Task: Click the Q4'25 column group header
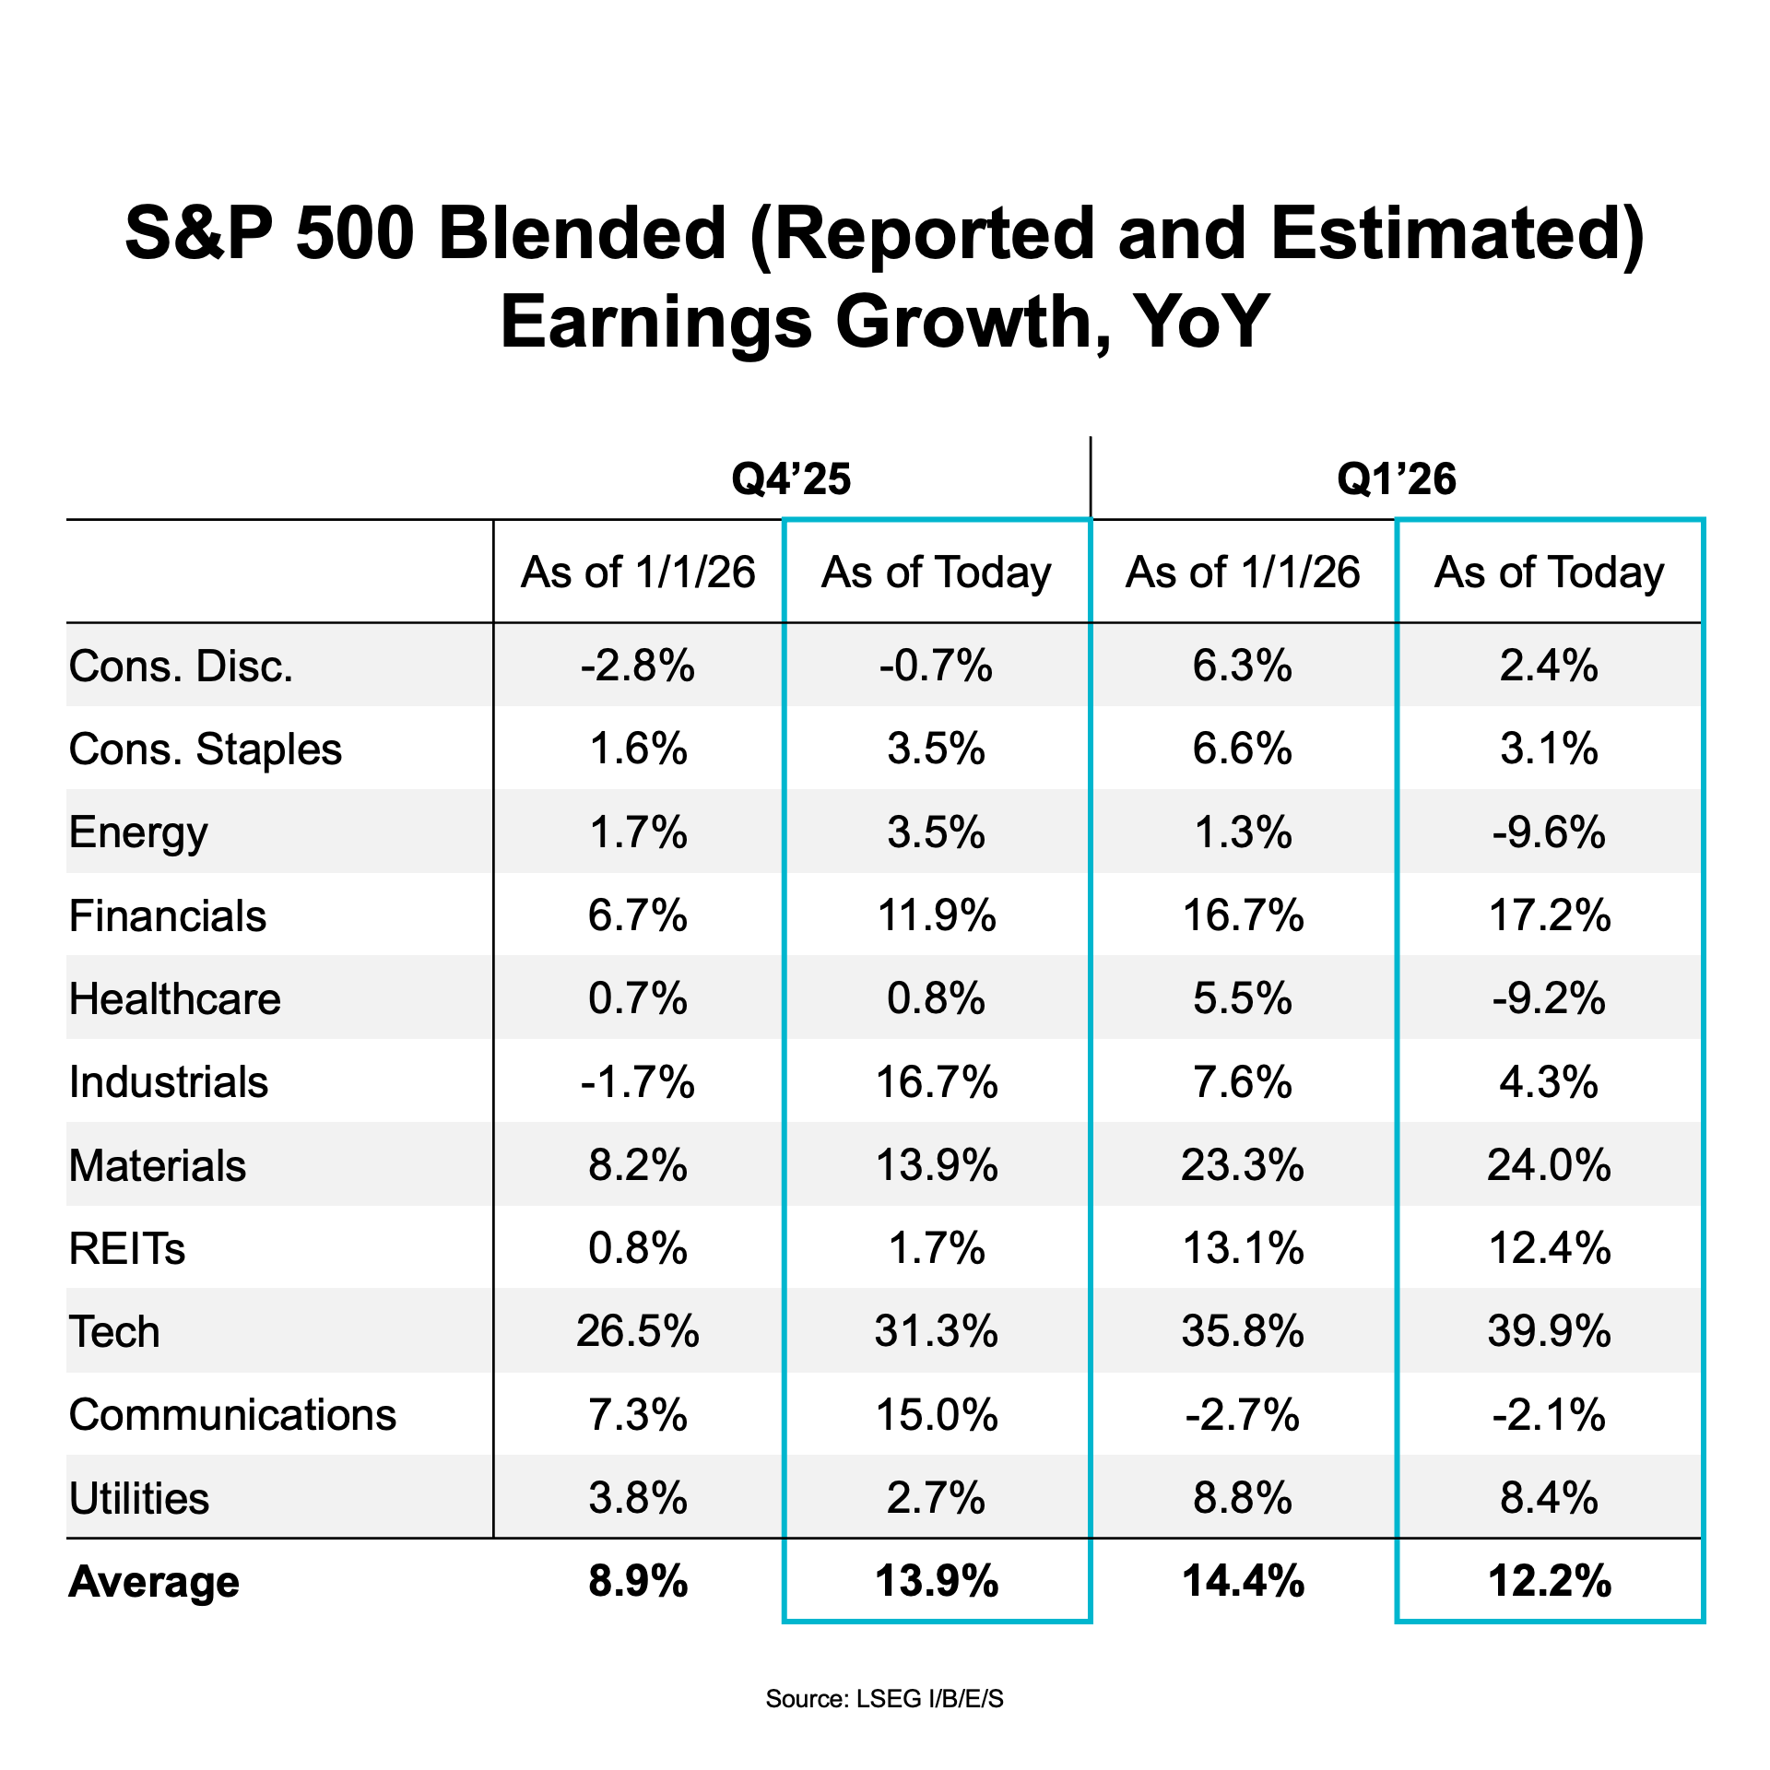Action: [x=791, y=479]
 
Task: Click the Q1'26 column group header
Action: [x=1396, y=479]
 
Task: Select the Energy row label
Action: [x=138, y=832]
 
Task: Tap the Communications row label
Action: [x=232, y=1415]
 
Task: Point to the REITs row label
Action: [x=127, y=1249]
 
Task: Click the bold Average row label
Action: [x=154, y=1582]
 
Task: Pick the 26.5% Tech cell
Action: [x=638, y=1332]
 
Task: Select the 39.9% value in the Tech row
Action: [x=1549, y=1332]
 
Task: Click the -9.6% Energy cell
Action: [x=1549, y=832]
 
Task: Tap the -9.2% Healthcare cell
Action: [x=1549, y=999]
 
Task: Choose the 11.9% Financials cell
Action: [x=937, y=916]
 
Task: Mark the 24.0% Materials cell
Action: [x=1549, y=1166]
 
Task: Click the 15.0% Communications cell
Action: [x=937, y=1415]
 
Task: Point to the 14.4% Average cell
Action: [x=1243, y=1582]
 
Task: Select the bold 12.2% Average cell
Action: [x=1549, y=1582]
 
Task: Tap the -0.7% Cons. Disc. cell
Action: [x=937, y=667]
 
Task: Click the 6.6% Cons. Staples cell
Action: [x=1243, y=749]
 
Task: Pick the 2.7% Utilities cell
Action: [x=937, y=1499]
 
